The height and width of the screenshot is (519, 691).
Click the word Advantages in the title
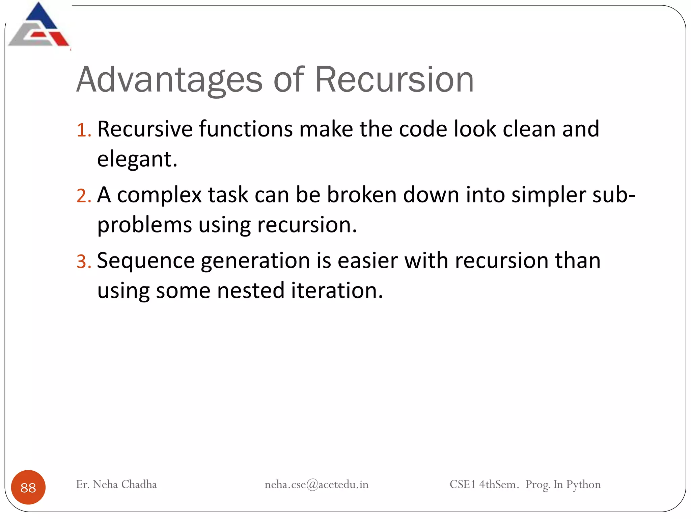[x=169, y=80]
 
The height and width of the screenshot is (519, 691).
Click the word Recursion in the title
[x=394, y=80]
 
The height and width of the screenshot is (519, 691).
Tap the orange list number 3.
[x=83, y=262]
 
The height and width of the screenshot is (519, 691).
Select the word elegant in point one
[x=136, y=159]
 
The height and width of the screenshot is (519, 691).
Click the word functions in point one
[x=246, y=129]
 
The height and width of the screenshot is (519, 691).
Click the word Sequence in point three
[x=146, y=261]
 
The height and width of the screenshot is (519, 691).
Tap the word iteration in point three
[x=337, y=291]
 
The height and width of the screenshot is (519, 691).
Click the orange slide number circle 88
[x=28, y=487]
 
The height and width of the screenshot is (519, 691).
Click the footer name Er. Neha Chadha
[x=116, y=485]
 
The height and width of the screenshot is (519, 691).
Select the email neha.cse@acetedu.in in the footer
[x=316, y=485]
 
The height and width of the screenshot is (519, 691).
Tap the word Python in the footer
[x=583, y=485]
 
